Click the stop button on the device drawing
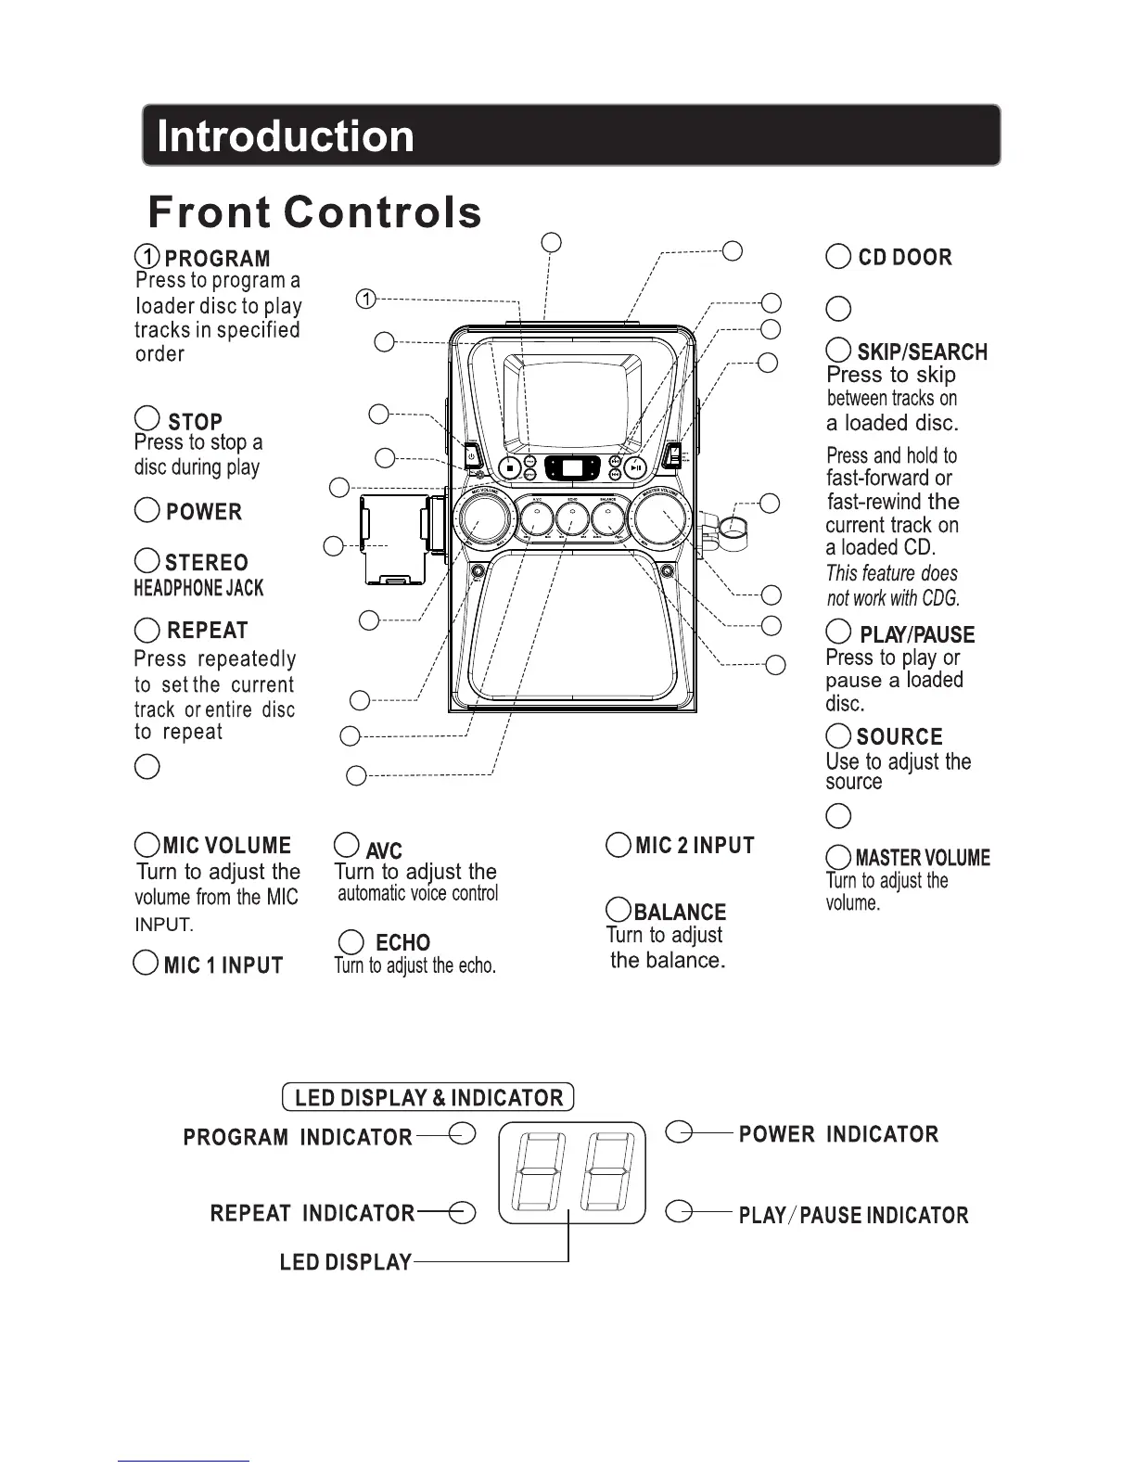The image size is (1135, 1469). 509,468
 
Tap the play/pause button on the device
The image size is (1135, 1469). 635,468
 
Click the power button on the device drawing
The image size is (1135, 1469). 471,455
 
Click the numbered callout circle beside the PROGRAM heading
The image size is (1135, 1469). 147,256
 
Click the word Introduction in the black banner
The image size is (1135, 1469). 286,136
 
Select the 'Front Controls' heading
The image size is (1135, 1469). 314,211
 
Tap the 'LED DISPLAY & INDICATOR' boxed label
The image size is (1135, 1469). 428,1097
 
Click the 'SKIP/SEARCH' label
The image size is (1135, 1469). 922,352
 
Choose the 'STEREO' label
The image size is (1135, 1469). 207,562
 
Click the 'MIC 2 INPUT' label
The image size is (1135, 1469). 695,846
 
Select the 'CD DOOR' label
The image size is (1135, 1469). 904,257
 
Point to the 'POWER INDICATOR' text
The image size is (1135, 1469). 838,1133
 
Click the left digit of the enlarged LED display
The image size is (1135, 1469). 535,1173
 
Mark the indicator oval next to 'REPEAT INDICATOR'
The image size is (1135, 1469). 462,1211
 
